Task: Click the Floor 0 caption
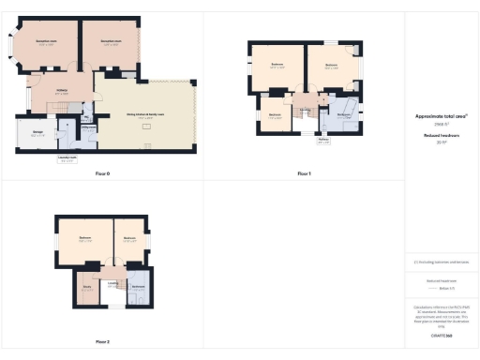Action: coord(102,174)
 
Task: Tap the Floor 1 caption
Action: coord(304,174)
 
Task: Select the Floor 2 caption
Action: coord(102,341)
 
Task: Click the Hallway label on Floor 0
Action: coord(61,90)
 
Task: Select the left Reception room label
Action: coord(47,42)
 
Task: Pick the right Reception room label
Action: coord(111,42)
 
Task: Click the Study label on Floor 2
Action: coord(86,288)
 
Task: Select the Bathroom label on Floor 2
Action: coord(137,285)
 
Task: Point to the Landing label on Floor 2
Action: coord(112,281)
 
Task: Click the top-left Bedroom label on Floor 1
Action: coord(277,65)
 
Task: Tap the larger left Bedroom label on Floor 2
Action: coord(84,238)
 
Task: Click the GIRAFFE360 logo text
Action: coord(441,335)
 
